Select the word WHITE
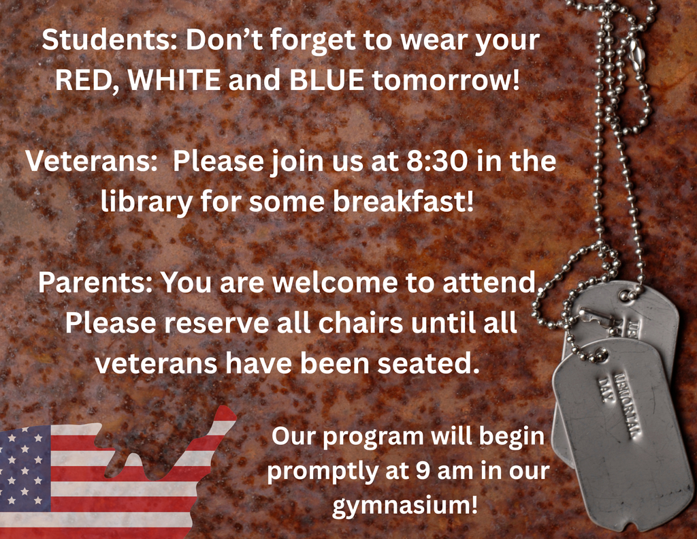pyautogui.click(x=174, y=80)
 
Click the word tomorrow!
pyautogui.click(x=446, y=80)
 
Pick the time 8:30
pyautogui.click(x=437, y=161)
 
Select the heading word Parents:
pyautogui.click(x=95, y=282)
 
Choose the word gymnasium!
pyautogui.click(x=405, y=506)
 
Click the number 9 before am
pyautogui.click(x=423, y=471)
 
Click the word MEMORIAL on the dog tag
pyautogui.click(x=626, y=405)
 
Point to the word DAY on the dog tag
pyautogui.click(x=604, y=389)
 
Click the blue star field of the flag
pyautogui.click(x=25, y=467)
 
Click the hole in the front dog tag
pyautogui.click(x=601, y=356)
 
